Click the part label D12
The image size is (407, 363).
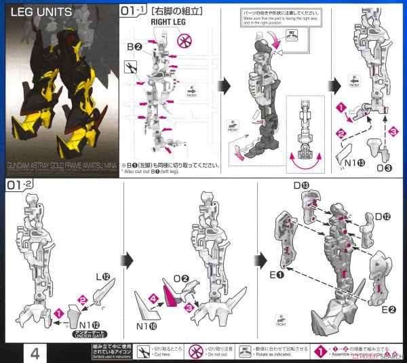pyautogui.click(x=383, y=216)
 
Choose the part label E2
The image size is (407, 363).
pyautogui.click(x=387, y=310)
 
